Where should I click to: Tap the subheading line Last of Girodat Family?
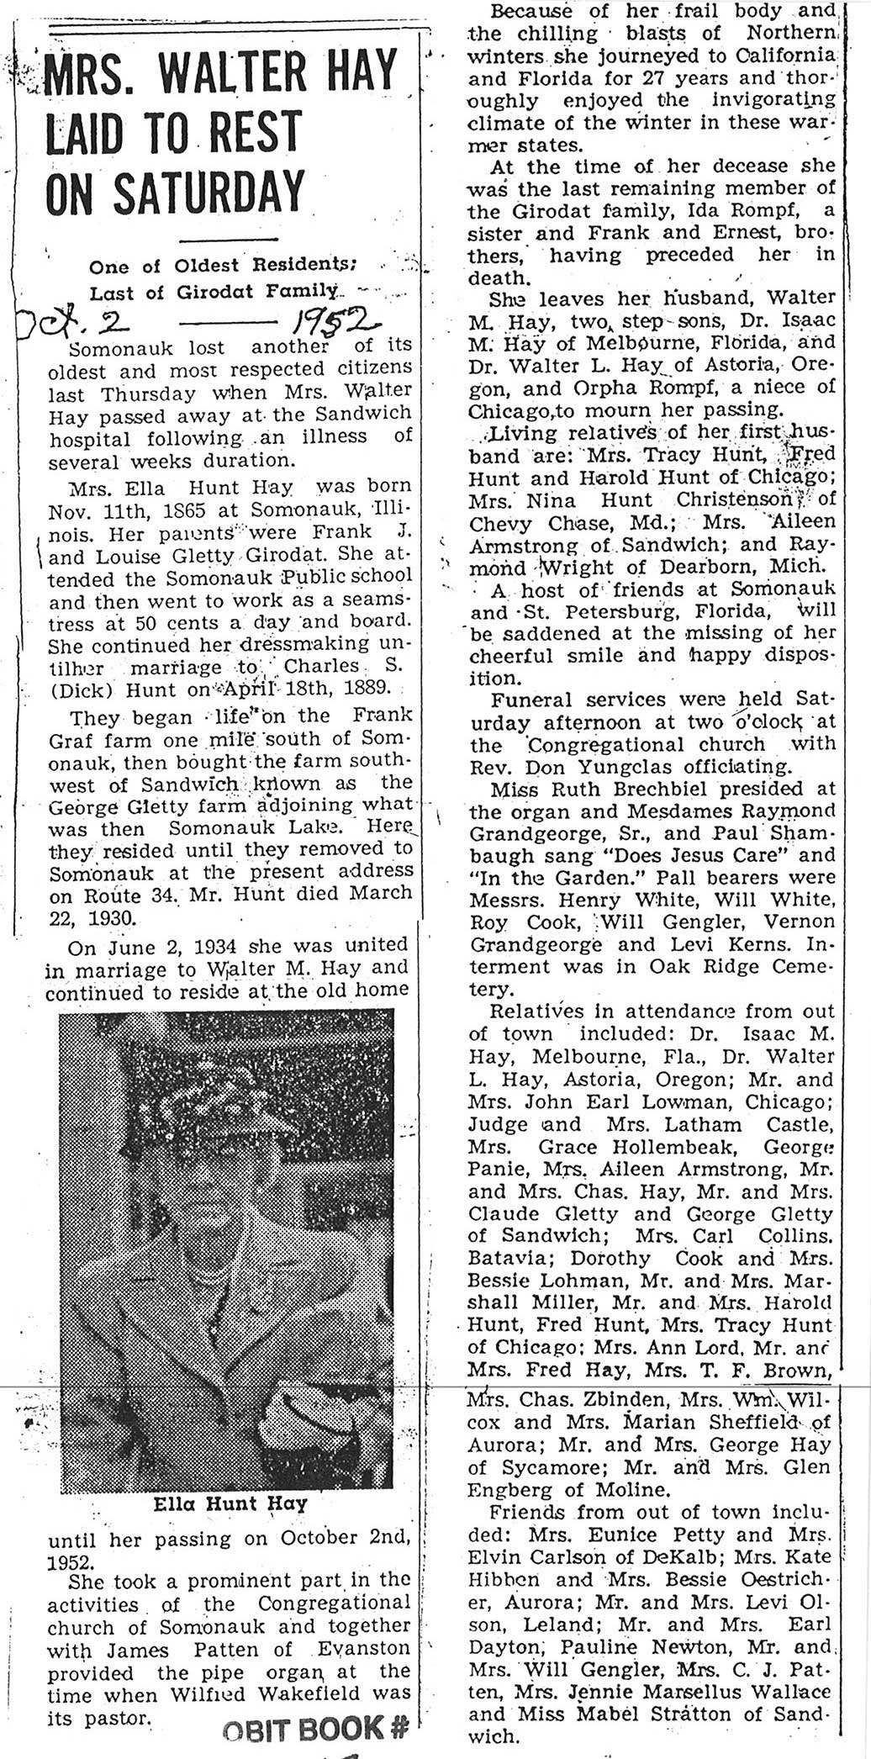coord(218,293)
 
